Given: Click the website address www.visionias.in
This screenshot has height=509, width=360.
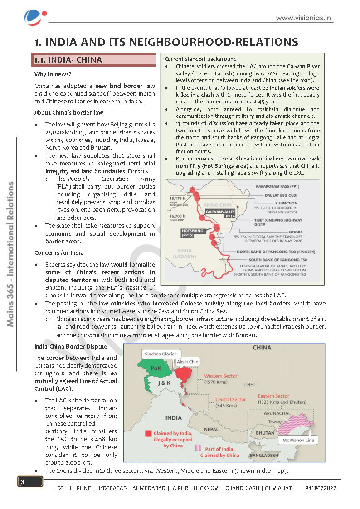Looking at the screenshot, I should tap(303, 19).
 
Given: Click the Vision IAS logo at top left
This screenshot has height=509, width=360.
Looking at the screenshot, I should tap(34, 18).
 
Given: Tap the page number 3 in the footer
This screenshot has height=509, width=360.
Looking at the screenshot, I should tap(22, 482).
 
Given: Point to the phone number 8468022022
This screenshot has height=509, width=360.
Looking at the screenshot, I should tap(321, 488).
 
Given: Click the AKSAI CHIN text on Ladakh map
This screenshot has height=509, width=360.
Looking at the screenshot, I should tap(217, 205).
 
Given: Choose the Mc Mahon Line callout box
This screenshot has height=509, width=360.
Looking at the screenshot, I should tap(298, 440).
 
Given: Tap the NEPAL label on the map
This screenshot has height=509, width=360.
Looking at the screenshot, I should tap(212, 429).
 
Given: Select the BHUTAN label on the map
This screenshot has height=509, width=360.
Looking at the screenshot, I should tap(265, 433).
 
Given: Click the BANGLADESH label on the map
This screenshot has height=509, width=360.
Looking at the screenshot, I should tap(264, 455).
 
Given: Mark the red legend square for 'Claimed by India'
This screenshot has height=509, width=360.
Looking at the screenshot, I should tap(148, 433).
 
